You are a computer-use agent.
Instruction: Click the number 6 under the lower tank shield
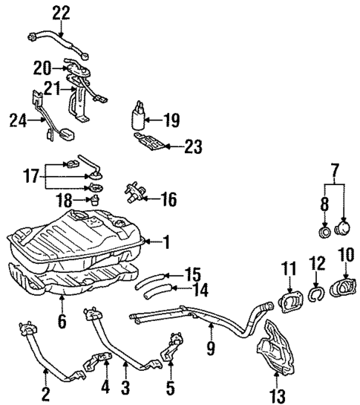point(62,322)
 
